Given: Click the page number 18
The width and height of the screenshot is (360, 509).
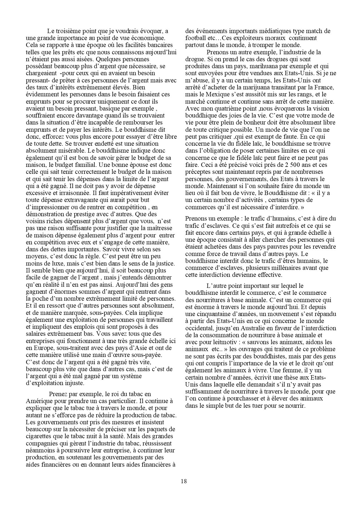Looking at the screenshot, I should click(183, 481).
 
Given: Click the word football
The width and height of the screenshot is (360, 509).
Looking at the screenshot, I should click(196, 38).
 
